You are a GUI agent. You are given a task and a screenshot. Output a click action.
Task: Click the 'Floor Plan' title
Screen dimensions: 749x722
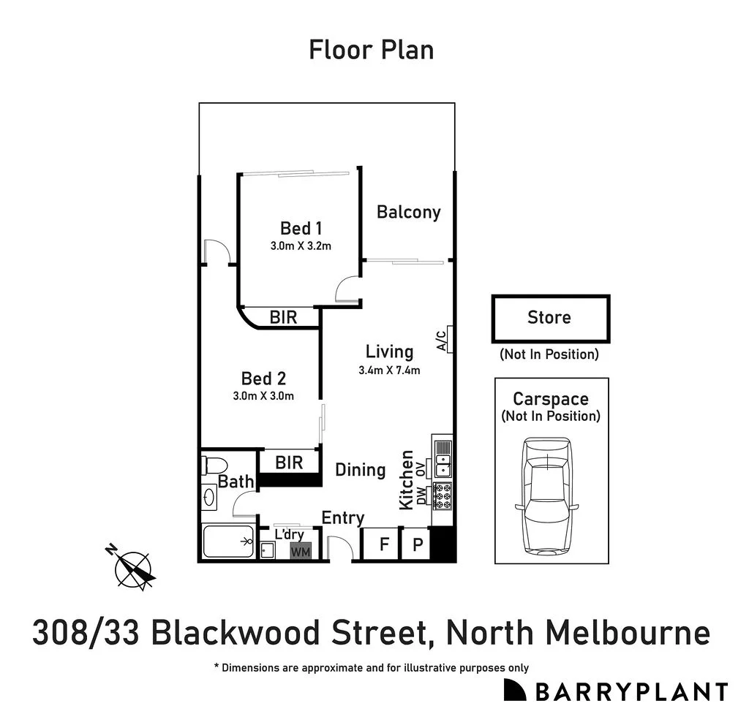(371, 50)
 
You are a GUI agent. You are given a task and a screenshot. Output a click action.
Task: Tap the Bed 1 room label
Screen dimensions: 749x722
(301, 229)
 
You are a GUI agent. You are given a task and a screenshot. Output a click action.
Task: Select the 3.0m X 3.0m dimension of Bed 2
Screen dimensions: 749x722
(263, 396)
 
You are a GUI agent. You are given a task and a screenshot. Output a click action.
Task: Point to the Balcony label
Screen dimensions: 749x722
(408, 212)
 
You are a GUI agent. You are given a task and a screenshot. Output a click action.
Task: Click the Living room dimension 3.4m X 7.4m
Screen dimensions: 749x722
(389, 370)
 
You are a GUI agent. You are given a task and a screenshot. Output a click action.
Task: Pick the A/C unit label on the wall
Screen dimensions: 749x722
(442, 341)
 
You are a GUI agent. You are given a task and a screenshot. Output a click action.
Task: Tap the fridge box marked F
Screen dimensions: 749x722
(383, 544)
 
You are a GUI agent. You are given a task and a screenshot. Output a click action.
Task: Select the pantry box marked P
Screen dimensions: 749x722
(417, 544)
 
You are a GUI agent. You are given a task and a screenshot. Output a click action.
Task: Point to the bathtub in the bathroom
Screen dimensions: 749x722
(227, 541)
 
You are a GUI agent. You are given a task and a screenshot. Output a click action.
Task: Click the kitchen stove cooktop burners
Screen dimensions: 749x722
(443, 495)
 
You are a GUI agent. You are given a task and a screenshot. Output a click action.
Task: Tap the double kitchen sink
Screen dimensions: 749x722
(443, 460)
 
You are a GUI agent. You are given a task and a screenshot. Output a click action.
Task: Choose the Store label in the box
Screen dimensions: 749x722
(549, 318)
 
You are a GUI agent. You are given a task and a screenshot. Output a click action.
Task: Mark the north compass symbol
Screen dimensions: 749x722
(134, 567)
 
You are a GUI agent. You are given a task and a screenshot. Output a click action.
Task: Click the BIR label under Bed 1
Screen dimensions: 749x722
(283, 318)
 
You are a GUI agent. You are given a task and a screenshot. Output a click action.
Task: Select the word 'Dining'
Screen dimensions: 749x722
(360, 470)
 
